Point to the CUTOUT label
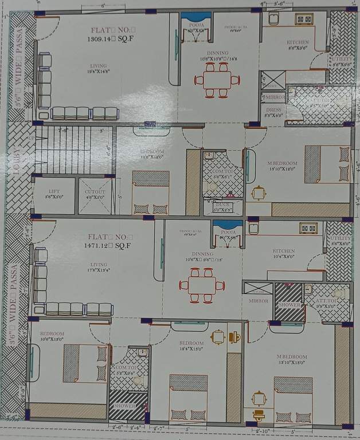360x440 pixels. coord(95,192)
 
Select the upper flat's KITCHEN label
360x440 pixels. coord(298,42)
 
